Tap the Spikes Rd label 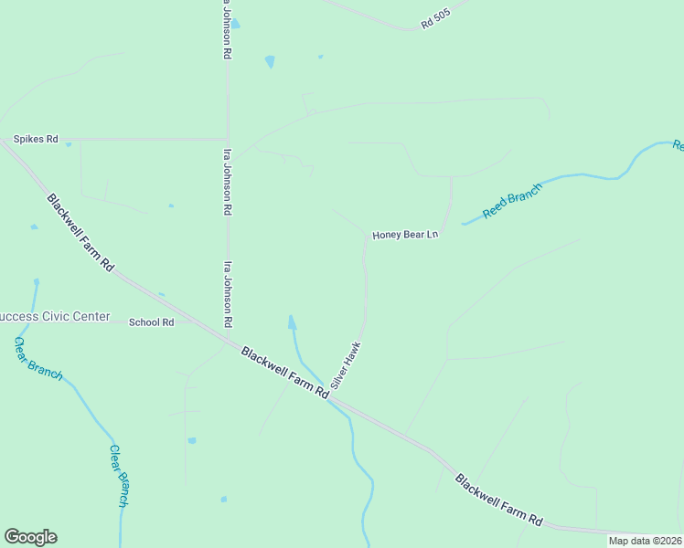[36, 140]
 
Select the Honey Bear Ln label [406, 235]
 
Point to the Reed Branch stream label [512, 200]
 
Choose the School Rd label [151, 322]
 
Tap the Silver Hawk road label [347, 365]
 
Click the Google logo [30, 537]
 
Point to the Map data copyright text [646, 541]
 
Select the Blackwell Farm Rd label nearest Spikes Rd [80, 232]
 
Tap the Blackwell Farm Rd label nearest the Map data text [498, 499]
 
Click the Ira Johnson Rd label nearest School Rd [228, 294]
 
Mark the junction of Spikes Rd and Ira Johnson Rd [227, 140]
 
